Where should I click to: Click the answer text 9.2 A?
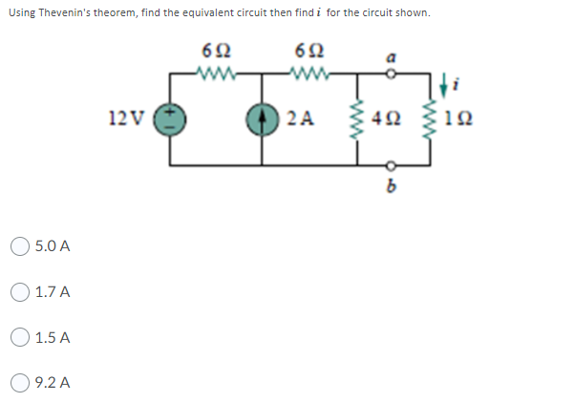pyautogui.click(x=53, y=384)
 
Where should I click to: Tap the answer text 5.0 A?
pyautogui.click(x=53, y=246)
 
